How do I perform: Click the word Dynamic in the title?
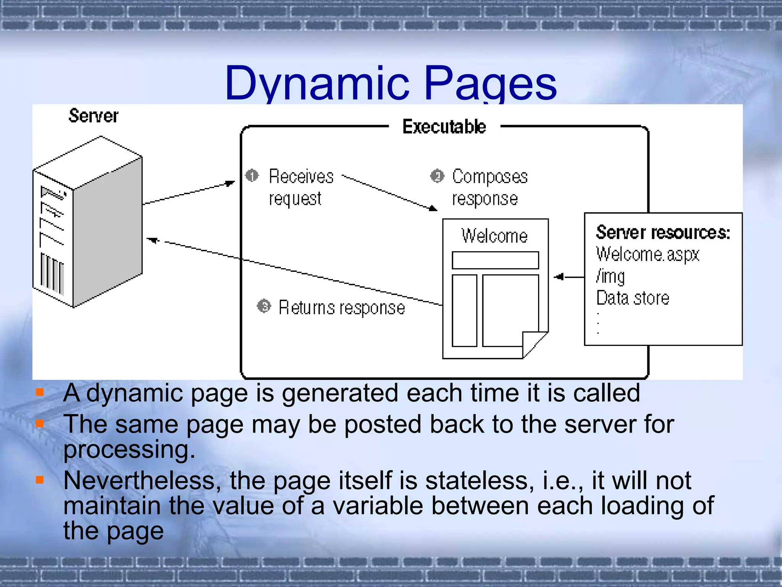pos(317,83)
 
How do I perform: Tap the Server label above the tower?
pos(93,116)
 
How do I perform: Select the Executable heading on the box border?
pos(444,126)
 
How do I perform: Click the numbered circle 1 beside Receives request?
pos(252,176)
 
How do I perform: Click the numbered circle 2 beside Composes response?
pos(437,176)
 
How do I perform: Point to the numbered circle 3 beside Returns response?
pos(264,306)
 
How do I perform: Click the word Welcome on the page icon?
pos(494,235)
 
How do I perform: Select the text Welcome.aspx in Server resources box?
pos(648,254)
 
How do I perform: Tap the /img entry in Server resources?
pos(610,276)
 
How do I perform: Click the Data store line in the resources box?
pos(633,298)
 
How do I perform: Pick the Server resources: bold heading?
pos(663,232)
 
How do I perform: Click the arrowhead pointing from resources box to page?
pos(559,277)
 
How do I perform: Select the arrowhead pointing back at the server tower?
pos(153,240)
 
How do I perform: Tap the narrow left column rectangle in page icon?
pos(464,310)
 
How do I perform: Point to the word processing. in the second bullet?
pos(129,449)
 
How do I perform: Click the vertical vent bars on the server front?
pos(52,274)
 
